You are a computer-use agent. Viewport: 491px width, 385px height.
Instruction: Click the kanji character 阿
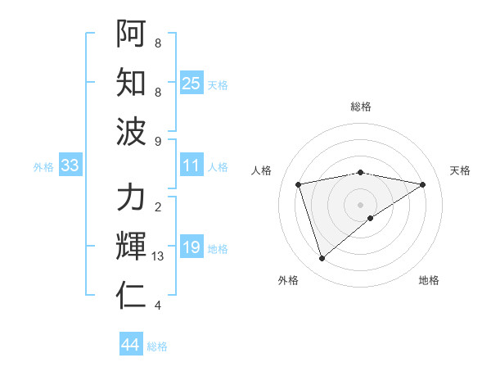pyautogui.click(x=131, y=34)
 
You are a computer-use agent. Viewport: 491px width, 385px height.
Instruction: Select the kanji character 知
pyautogui.click(x=131, y=83)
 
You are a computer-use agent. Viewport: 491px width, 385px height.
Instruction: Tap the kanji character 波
pyautogui.click(x=131, y=131)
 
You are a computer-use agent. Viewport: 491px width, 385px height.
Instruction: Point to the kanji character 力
pyautogui.click(x=131, y=198)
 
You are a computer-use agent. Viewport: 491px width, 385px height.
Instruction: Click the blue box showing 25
pyautogui.click(x=191, y=83)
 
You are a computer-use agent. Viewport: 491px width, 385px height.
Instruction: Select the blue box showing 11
pyautogui.click(x=191, y=165)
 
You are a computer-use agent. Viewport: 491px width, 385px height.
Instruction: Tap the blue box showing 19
pyautogui.click(x=191, y=247)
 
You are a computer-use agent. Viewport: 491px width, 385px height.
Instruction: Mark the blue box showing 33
pyautogui.click(x=70, y=165)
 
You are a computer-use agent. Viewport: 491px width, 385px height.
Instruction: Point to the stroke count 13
pyautogui.click(x=158, y=256)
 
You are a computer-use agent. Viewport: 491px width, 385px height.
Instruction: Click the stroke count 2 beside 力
pyautogui.click(x=158, y=207)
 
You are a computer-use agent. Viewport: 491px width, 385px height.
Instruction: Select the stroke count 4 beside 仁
pyautogui.click(x=158, y=306)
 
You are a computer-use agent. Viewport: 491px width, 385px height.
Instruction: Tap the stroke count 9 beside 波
pyautogui.click(x=158, y=141)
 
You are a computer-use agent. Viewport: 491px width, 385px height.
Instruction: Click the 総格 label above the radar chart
pyautogui.click(x=361, y=106)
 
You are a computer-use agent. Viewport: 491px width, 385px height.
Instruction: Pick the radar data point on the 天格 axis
pyautogui.click(x=422, y=184)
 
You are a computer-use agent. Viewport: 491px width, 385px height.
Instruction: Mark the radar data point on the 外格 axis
pyautogui.click(x=322, y=258)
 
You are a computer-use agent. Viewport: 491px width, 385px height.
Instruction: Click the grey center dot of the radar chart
pyautogui.click(x=361, y=203)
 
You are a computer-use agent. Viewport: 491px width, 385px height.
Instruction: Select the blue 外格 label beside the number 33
pyautogui.click(x=43, y=166)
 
